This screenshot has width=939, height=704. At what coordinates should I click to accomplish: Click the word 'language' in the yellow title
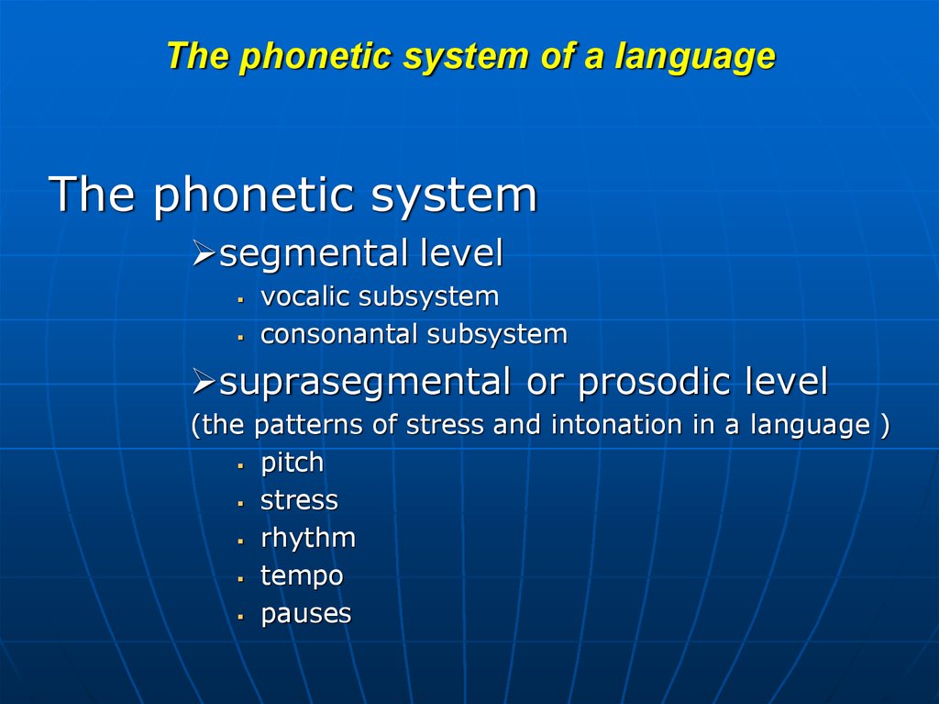[x=695, y=57]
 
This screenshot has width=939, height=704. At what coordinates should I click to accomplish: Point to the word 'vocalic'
[x=305, y=296]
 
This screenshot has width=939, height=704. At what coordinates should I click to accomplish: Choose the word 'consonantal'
[x=339, y=334]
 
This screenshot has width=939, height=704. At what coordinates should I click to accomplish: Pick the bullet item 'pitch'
[x=292, y=464]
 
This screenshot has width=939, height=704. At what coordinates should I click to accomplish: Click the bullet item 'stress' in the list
[x=299, y=501]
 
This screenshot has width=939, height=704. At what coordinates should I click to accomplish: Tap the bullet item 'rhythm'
[x=307, y=539]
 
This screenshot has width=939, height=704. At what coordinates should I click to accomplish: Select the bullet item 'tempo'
[x=302, y=577]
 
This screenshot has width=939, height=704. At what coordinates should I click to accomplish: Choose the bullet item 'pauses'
[x=305, y=614]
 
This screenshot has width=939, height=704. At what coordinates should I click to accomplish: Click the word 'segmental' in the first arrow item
[x=314, y=254]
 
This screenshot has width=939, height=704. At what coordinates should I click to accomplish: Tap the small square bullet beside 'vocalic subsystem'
[x=240, y=299]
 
